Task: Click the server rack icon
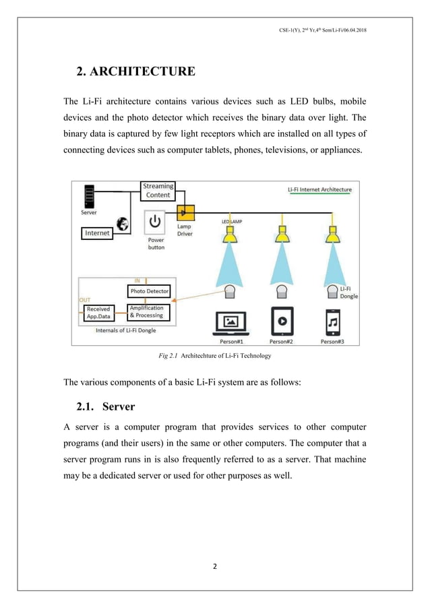(87, 196)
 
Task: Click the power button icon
(155, 220)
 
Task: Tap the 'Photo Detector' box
(150, 291)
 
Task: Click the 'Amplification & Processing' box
(146, 312)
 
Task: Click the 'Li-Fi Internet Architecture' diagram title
(315, 190)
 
